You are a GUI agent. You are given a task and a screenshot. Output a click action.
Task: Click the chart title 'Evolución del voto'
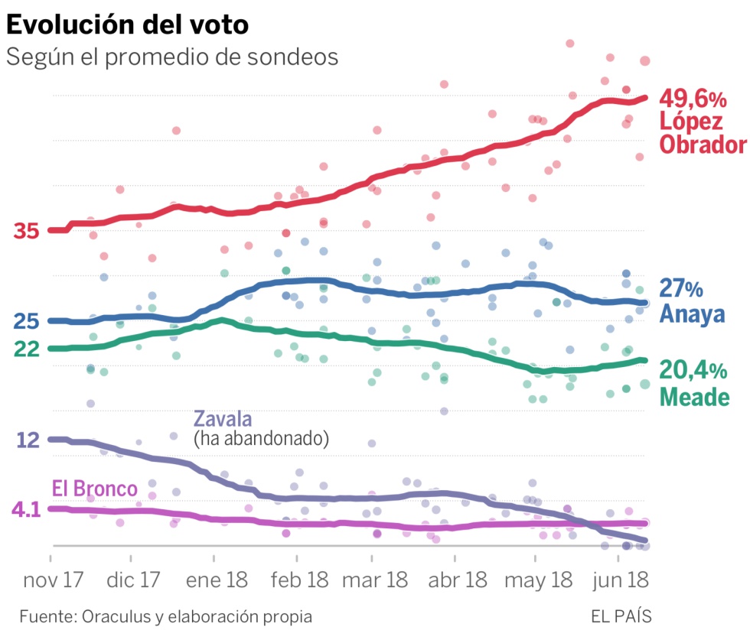(x=128, y=24)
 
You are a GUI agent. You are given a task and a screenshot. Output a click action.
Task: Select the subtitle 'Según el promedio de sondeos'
(x=172, y=57)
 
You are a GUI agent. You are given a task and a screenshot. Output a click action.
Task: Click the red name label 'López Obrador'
(x=702, y=133)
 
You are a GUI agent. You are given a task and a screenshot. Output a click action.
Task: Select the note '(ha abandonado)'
(x=261, y=438)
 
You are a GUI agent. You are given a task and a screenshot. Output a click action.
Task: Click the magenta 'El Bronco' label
(x=94, y=489)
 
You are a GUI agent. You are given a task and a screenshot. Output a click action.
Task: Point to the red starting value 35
(x=26, y=230)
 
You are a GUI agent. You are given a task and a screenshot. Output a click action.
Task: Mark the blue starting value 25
(x=26, y=321)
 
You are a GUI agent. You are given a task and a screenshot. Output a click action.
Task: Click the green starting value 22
(x=26, y=349)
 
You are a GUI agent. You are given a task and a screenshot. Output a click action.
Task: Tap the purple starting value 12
(x=26, y=440)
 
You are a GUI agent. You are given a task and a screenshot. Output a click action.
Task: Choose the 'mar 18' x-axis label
(x=375, y=580)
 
